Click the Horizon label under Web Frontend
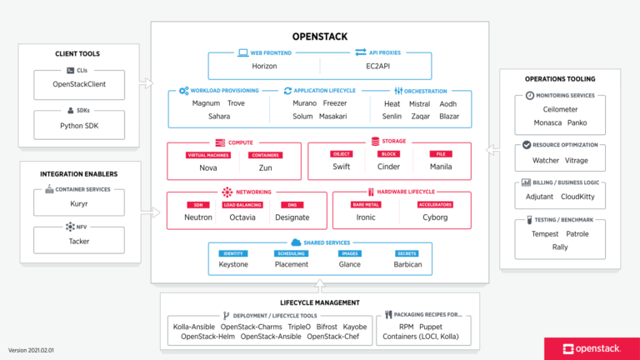[x=263, y=66]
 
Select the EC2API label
[x=376, y=66]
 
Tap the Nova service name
[x=207, y=167]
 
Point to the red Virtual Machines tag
[x=207, y=155]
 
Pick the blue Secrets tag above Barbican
[x=407, y=253]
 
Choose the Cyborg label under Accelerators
[x=436, y=217]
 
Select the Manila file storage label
[x=440, y=167]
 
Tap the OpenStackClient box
[x=79, y=84]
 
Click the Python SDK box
[x=79, y=125]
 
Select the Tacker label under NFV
[x=79, y=241]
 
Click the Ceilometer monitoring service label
[x=559, y=108]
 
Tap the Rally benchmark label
[x=559, y=247]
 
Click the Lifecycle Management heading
[x=319, y=302]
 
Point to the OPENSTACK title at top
[x=319, y=37]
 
